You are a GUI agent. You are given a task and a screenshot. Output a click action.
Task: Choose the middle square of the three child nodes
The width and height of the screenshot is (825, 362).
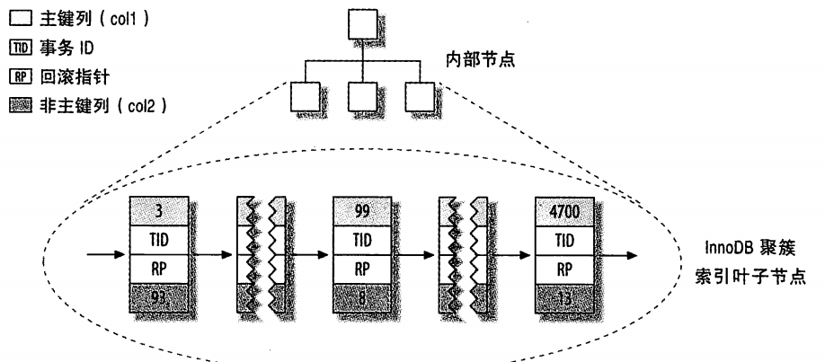(360, 97)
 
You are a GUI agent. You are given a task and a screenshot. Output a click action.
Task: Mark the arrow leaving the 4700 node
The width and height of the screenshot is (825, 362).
(613, 252)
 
